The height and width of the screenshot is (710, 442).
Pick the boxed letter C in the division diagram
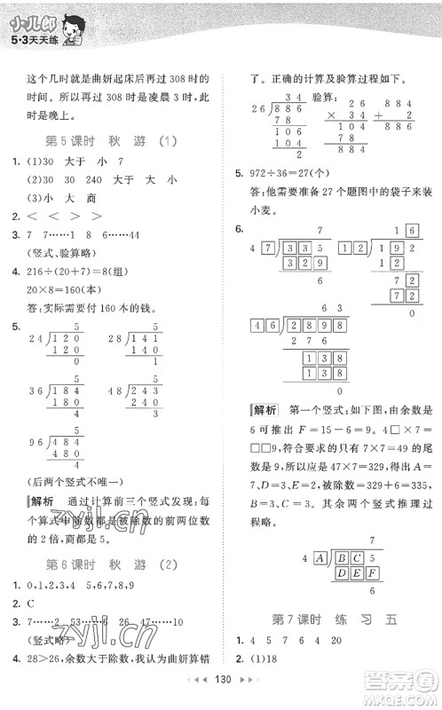[354, 558]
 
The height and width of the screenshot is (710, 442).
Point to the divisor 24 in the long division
[35, 338]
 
